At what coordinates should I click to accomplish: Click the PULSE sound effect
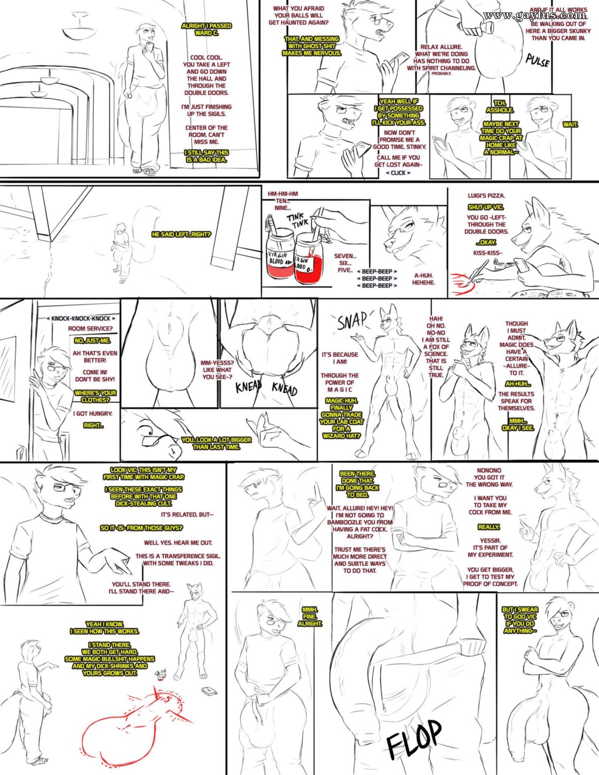(x=538, y=60)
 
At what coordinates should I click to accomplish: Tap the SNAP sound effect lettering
(x=352, y=322)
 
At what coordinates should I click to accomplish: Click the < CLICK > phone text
(x=398, y=173)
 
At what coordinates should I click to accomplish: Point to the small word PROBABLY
(x=441, y=73)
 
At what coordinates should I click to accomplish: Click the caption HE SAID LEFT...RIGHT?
(x=181, y=234)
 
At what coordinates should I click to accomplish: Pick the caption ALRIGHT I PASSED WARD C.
(x=206, y=29)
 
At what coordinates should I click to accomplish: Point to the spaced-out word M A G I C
(x=339, y=389)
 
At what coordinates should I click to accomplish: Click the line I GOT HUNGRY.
(x=93, y=413)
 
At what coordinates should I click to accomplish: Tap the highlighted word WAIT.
(x=570, y=124)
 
